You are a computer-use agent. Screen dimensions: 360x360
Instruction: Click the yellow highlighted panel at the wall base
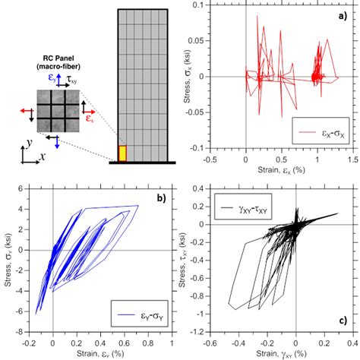tap(121, 153)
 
